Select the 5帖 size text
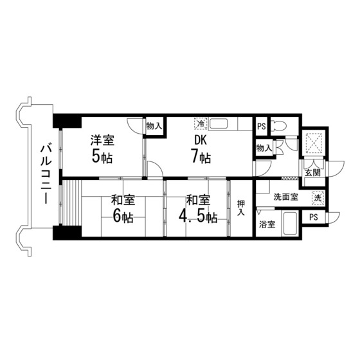coord(102,156)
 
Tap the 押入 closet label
coord(241,208)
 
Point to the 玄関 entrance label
coord(313,173)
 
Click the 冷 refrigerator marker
coord(201,123)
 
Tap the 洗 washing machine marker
coord(317,199)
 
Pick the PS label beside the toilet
coord(260,126)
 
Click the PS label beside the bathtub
coord(313,217)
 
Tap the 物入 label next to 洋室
coord(153,125)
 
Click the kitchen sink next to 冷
coord(226,123)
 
